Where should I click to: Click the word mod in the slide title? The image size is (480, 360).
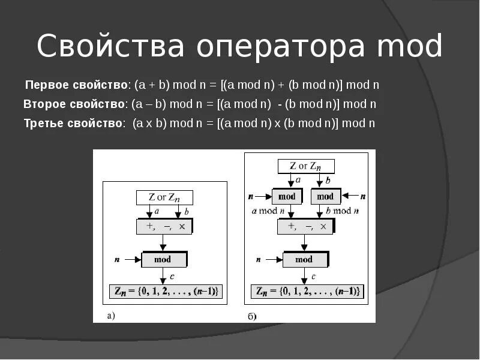coord(411,47)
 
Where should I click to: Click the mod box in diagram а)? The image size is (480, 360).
coord(163,259)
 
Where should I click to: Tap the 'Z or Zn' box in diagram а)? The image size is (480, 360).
coord(164,197)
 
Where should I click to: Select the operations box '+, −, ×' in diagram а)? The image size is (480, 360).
coord(164,227)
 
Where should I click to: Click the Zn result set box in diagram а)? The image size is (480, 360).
coord(166,292)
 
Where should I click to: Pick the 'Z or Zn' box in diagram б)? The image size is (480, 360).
coord(305,166)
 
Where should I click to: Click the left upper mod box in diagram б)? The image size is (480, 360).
coord(287,196)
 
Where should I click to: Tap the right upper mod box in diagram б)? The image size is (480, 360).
coord(325,196)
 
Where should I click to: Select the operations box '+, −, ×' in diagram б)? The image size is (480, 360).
coord(305,226)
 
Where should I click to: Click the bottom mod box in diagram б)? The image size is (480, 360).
coord(305,259)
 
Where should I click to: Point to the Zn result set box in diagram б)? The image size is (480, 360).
coord(307,292)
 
